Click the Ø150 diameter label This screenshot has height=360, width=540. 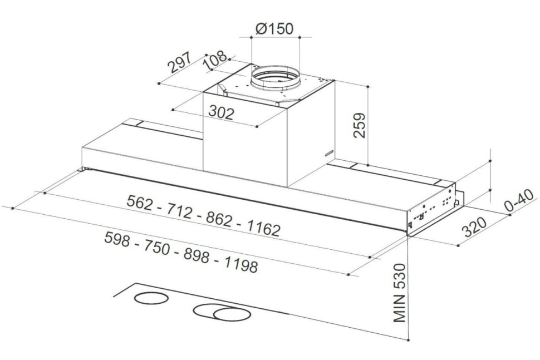pos(274,29)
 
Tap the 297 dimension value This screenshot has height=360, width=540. pos(179,63)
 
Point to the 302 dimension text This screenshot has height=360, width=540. pos(222,112)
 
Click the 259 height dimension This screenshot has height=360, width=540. pos(359,125)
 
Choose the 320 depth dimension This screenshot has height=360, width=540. pos(474,227)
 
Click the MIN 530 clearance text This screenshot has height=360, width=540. pos(400,293)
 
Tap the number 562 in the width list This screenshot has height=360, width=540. pos(140,203)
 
